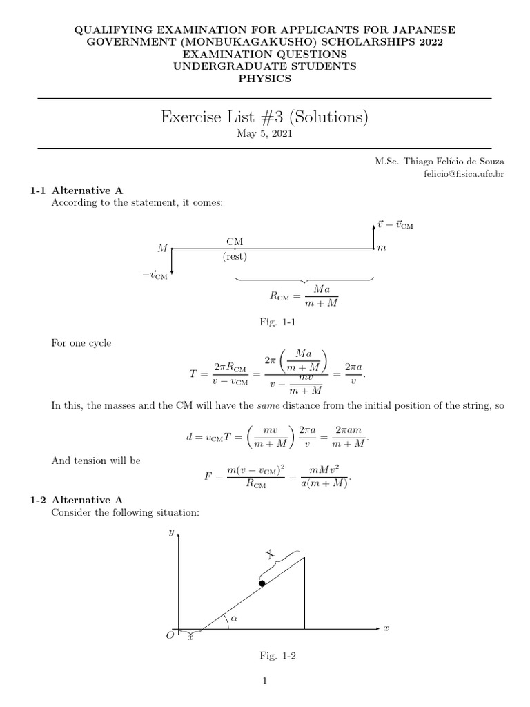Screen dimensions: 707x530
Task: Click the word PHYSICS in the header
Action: coord(264,79)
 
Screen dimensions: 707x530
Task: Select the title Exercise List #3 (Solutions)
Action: coord(264,118)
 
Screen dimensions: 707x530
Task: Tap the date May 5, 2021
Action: coord(264,134)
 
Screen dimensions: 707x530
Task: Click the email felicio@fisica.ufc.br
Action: coord(464,173)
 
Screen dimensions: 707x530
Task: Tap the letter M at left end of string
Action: coord(163,248)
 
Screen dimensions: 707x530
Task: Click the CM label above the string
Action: coord(235,240)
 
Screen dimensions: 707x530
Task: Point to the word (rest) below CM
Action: coord(235,257)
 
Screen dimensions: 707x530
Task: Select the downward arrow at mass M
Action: coord(171,262)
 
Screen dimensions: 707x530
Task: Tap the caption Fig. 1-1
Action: coord(264,322)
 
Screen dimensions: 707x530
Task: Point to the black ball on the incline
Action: coord(262,583)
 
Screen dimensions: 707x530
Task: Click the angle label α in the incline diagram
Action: coord(234,619)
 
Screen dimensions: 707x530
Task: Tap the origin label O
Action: coord(170,636)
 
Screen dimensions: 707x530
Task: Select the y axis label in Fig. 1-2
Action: coord(170,532)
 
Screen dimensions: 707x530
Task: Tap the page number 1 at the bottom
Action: coord(264,681)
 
